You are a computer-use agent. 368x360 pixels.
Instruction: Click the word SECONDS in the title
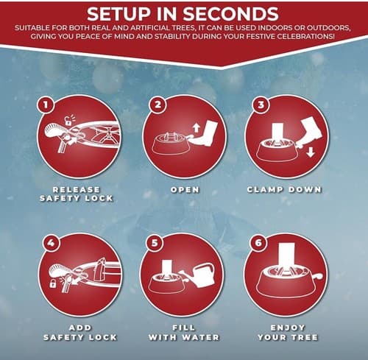[230, 14]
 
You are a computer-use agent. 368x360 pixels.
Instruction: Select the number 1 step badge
[46, 105]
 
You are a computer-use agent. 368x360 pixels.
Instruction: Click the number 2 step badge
[158, 105]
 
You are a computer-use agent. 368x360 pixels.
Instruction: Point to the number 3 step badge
[261, 105]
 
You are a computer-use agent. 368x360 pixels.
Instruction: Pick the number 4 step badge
[51, 243]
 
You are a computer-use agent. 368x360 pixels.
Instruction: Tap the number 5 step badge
[155, 243]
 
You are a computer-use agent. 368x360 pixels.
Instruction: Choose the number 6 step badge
[258, 243]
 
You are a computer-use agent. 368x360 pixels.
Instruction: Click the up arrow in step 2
[196, 128]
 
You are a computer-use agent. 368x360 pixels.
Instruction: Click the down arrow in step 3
[311, 152]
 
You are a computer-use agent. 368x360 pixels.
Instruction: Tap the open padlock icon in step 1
[68, 120]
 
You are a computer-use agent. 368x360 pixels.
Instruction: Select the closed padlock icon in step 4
[53, 283]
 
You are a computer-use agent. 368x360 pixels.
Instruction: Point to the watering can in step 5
[199, 275]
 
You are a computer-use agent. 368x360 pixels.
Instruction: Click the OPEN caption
[185, 190]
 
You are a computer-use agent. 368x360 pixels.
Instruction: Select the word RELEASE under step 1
[77, 190]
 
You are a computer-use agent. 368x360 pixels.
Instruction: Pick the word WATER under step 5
[201, 337]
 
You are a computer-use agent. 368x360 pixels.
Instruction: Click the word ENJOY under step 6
[288, 328]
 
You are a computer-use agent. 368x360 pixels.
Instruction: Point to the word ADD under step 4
[80, 328]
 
